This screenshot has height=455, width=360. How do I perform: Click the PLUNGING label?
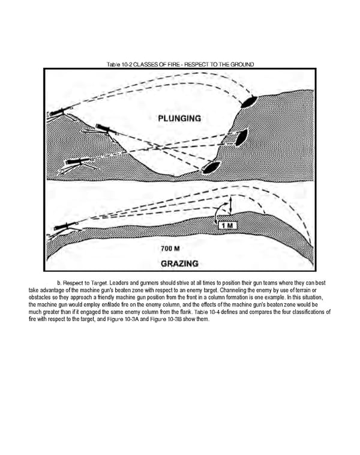tap(179, 119)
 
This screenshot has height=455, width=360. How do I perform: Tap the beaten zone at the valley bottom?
tap(211, 166)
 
